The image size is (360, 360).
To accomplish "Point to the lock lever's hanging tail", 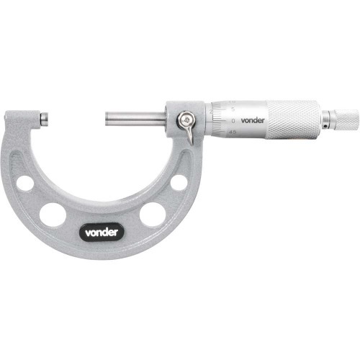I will pyautogui.click(x=189, y=135).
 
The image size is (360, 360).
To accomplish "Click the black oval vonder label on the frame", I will pyautogui.click(x=102, y=232).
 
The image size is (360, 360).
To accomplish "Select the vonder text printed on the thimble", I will pyautogui.click(x=253, y=119).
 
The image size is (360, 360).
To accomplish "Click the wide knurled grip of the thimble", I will pyautogui.click(x=292, y=119).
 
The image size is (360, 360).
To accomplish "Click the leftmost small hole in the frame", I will pyautogui.click(x=25, y=183).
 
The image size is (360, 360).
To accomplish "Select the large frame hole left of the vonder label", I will pyautogui.click(x=53, y=214).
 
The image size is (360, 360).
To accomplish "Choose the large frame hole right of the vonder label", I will pyautogui.click(x=152, y=214).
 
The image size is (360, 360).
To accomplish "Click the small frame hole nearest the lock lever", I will pyautogui.click(x=179, y=182).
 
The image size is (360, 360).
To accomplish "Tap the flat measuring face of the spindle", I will pyautogui.click(x=107, y=117).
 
